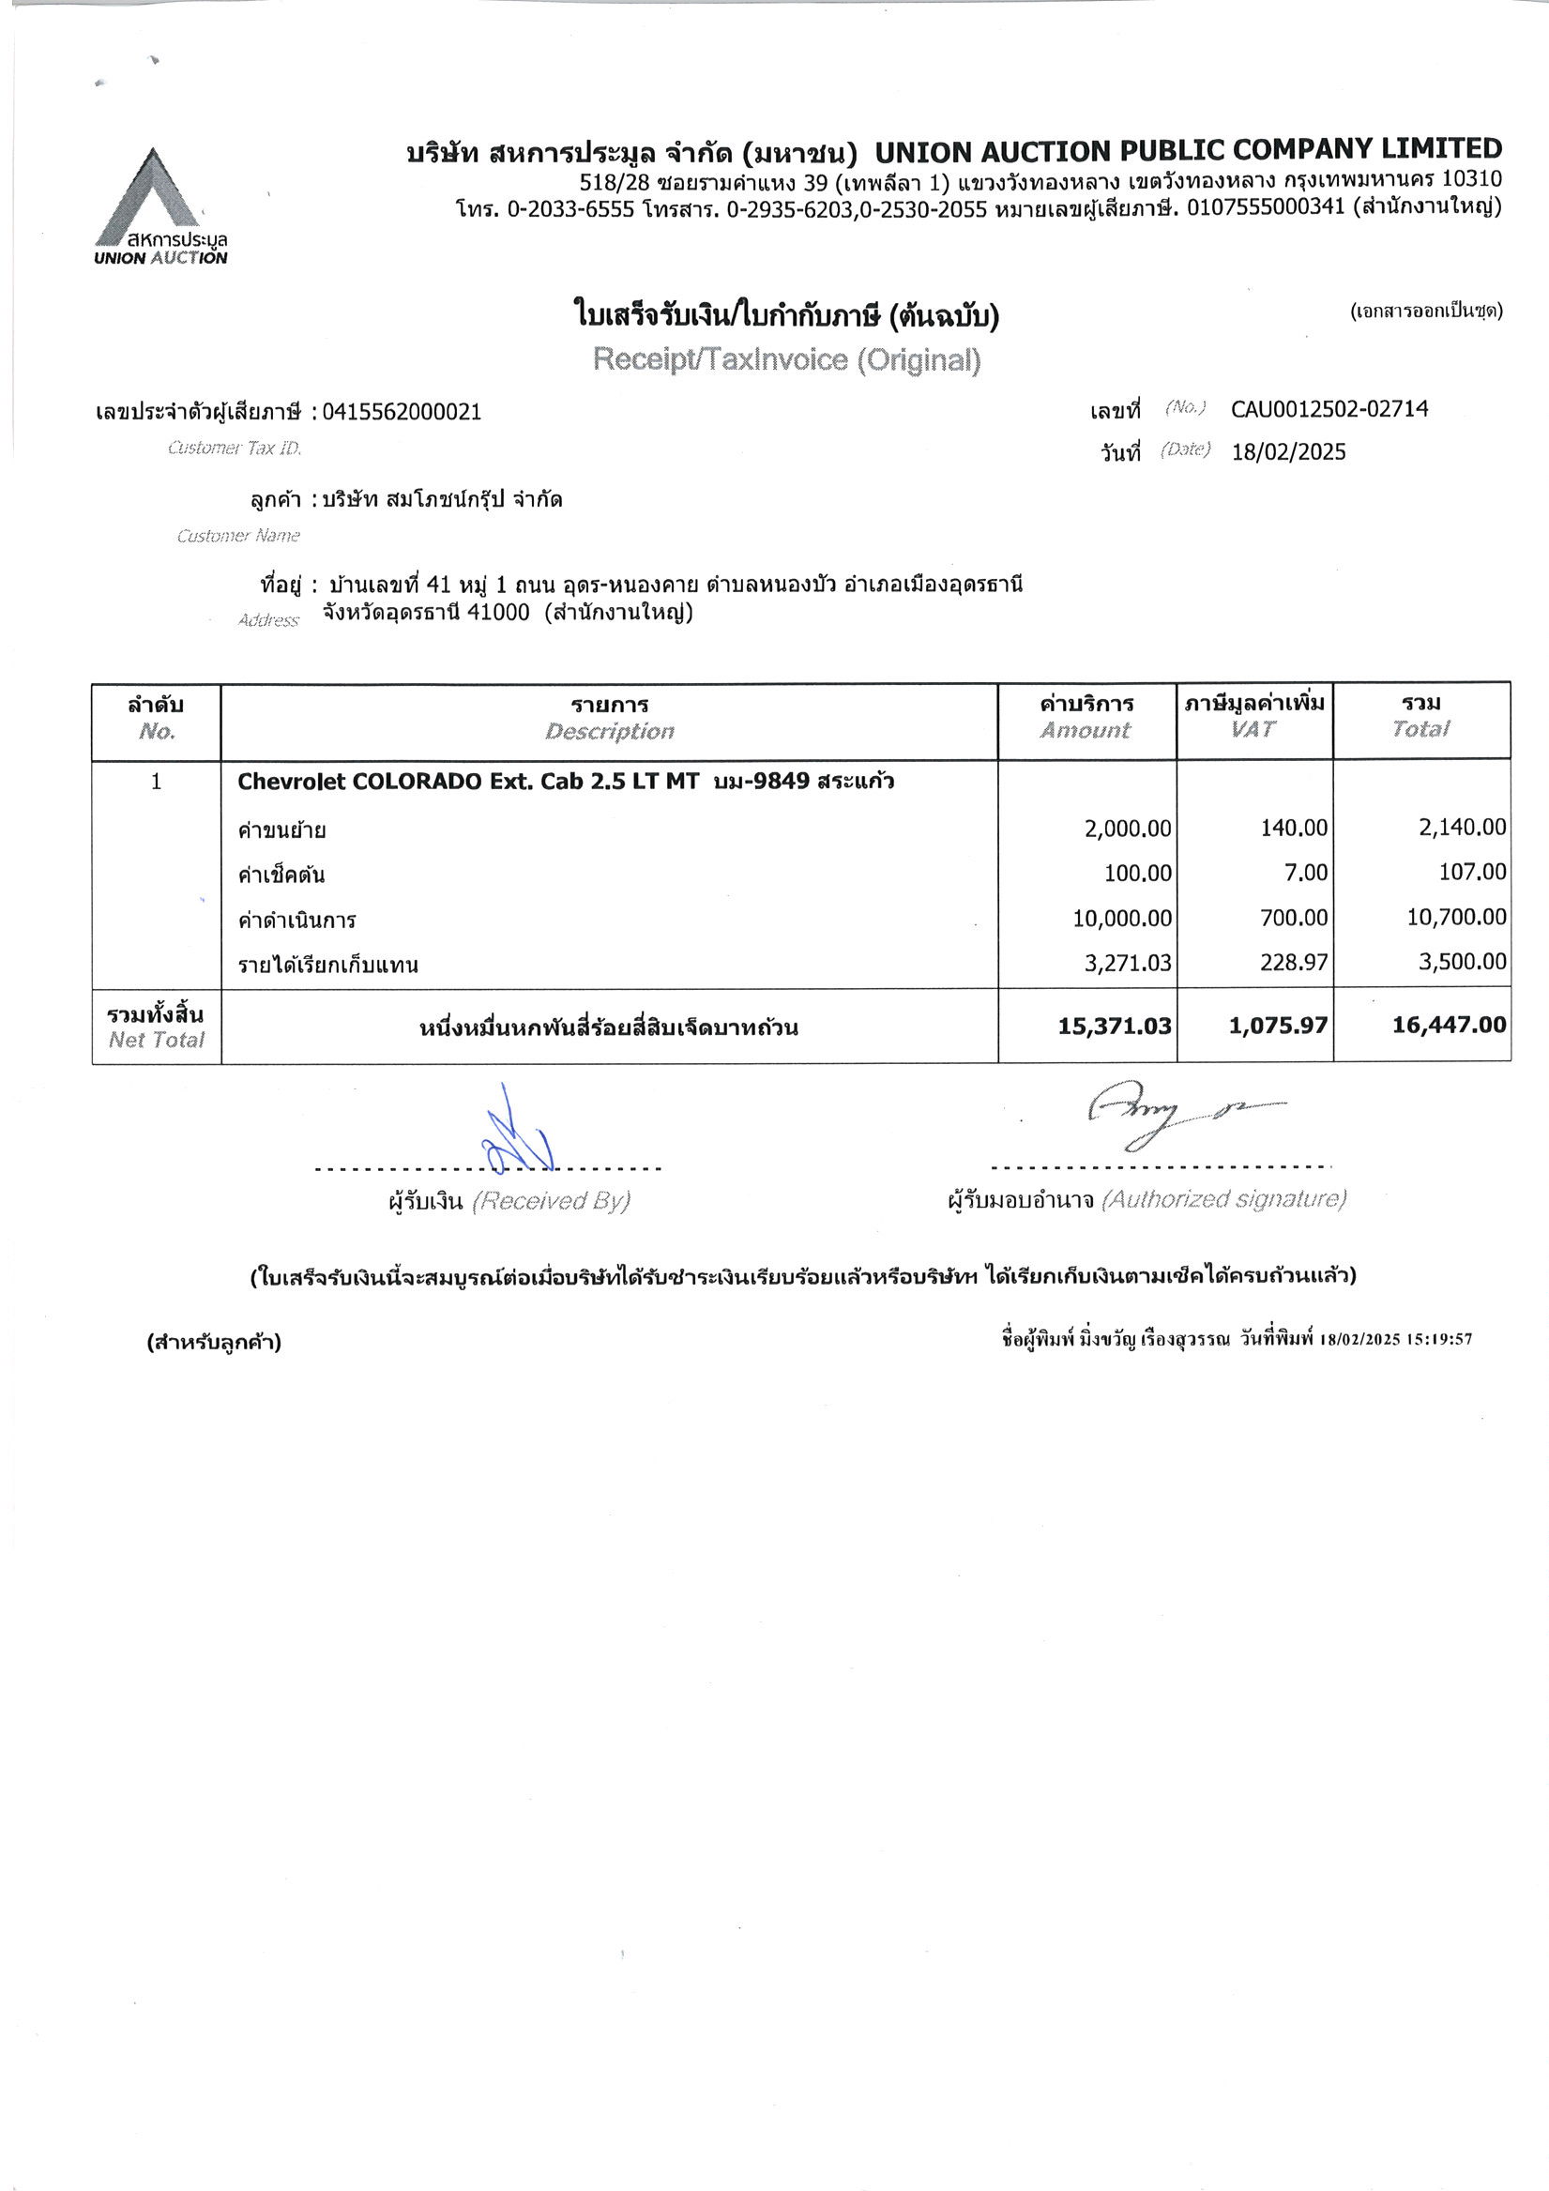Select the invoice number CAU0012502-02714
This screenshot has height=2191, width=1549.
click(x=1329, y=409)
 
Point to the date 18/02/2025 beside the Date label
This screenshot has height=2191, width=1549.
click(x=1287, y=452)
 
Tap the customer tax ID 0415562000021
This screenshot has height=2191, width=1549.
click(x=402, y=412)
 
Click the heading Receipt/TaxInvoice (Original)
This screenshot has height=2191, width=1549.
click(x=786, y=359)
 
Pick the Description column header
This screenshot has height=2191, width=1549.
click(x=609, y=731)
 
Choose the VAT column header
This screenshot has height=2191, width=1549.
click(x=1253, y=729)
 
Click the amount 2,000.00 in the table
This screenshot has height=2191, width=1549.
click(x=1127, y=829)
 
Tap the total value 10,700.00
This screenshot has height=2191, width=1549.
click(x=1456, y=917)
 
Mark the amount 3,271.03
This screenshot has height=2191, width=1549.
click(x=1127, y=962)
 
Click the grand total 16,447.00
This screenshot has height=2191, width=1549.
click(x=1449, y=1025)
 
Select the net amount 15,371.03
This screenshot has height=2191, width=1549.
click(x=1114, y=1026)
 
